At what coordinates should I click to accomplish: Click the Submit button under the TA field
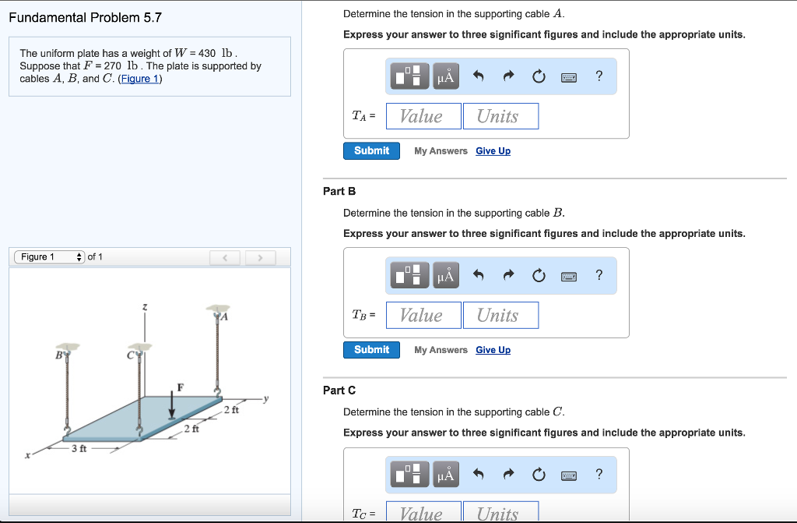(371, 150)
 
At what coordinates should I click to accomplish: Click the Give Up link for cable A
(493, 151)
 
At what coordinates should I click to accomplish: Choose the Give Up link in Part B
(493, 350)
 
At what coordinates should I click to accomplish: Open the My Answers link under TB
(441, 350)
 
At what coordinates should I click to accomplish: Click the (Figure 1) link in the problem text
(141, 79)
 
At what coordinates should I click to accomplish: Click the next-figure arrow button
(261, 257)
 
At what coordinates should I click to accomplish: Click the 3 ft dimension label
(79, 449)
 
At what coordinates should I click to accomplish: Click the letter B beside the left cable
(58, 355)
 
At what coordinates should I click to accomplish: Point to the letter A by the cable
(224, 317)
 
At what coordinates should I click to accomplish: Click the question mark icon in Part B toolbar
(599, 274)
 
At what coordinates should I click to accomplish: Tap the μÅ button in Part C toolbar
(446, 474)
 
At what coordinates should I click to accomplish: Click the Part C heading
(339, 390)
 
